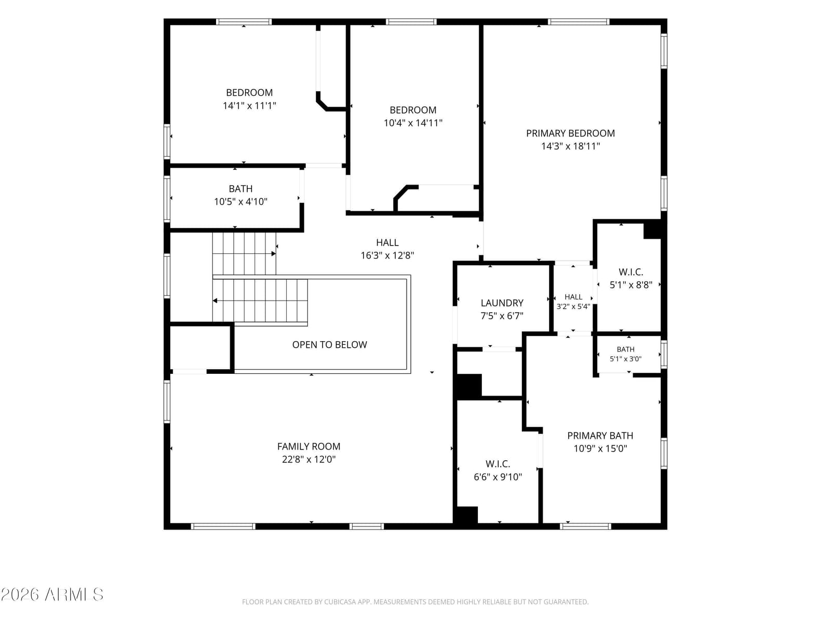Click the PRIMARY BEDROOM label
tap(570, 133)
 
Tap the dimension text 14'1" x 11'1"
tap(249, 105)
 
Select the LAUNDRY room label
tap(502, 303)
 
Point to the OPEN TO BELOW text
tap(329, 345)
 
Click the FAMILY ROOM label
tap(309, 446)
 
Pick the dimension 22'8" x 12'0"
tap(309, 459)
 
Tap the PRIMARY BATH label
tap(600, 436)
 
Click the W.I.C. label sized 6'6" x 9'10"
tap(498, 464)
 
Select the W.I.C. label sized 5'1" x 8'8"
tap(631, 272)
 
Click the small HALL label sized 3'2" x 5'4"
tap(573, 297)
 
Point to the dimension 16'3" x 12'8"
tap(387, 255)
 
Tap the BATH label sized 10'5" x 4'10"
tap(240, 189)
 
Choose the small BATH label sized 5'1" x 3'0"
tap(625, 349)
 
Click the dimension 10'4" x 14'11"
tap(413, 123)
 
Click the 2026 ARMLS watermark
tap(52, 594)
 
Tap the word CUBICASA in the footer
tap(339, 602)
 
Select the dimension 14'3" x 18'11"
tap(570, 146)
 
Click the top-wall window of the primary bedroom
tap(579, 22)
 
